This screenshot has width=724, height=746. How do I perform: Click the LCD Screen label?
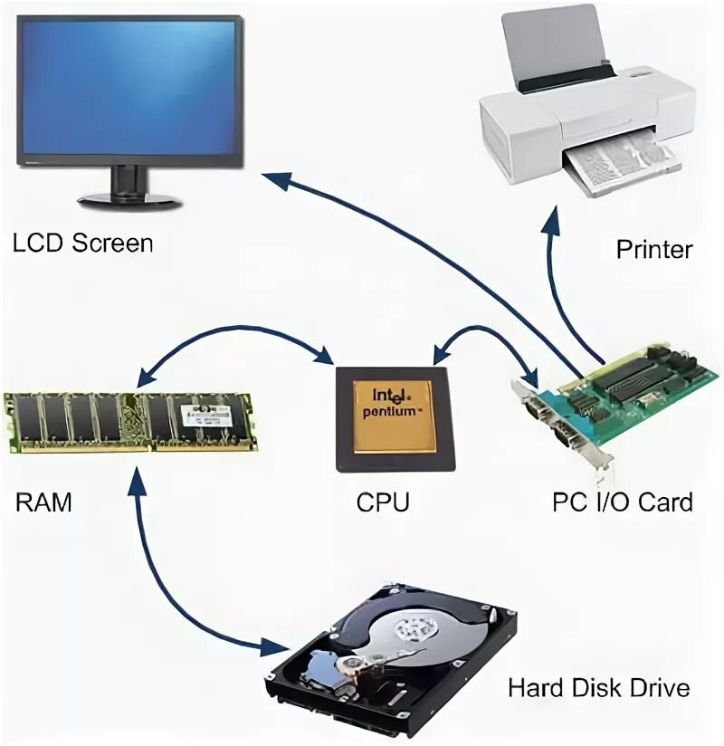point(82,243)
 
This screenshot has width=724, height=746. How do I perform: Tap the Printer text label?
point(653,249)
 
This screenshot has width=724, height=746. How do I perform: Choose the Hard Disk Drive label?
point(598,687)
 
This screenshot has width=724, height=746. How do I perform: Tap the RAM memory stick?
point(131,420)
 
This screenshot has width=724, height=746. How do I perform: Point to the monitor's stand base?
point(129,198)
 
